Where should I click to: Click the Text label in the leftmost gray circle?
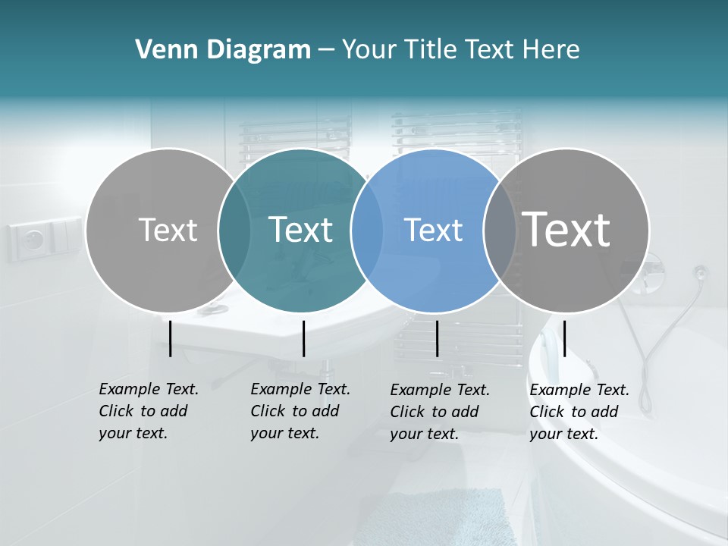pyautogui.click(x=168, y=230)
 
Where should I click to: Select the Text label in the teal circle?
pyautogui.click(x=301, y=230)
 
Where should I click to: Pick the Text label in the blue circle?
pyautogui.click(x=434, y=230)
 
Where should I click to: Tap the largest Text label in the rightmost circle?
pyautogui.click(x=566, y=229)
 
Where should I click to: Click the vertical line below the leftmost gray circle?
pyautogui.click(x=171, y=338)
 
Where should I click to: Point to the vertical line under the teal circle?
pyautogui.click(x=303, y=338)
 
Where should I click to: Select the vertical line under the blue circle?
pyautogui.click(x=438, y=338)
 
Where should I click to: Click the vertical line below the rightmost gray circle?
pyautogui.click(x=564, y=338)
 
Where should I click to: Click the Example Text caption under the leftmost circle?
pyautogui.click(x=149, y=411)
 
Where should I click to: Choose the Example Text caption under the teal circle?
pyautogui.click(x=300, y=411)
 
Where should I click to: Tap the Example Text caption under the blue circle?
pyautogui.click(x=440, y=412)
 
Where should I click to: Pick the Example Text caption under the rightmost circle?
pyautogui.click(x=579, y=412)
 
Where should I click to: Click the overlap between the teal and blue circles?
pyautogui.click(x=367, y=231)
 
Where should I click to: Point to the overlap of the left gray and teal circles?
pyautogui.click(x=234, y=231)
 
